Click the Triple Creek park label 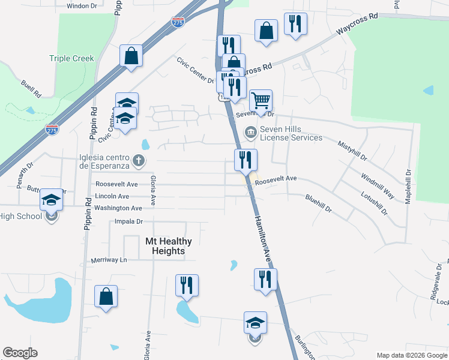pos(71,59)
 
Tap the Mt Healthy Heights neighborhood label pos(169,246)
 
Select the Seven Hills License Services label pos(291,133)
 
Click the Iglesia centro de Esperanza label pos(101,161)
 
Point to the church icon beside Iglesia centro pos(139,160)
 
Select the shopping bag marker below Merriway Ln pos(106,296)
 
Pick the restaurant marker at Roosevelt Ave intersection pos(245,160)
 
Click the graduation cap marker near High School pos(52,200)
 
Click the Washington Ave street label pos(118,208)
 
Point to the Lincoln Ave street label pos(112,196)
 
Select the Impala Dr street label pos(127,221)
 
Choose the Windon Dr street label pos(82,5)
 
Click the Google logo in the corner pos(20,353)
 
